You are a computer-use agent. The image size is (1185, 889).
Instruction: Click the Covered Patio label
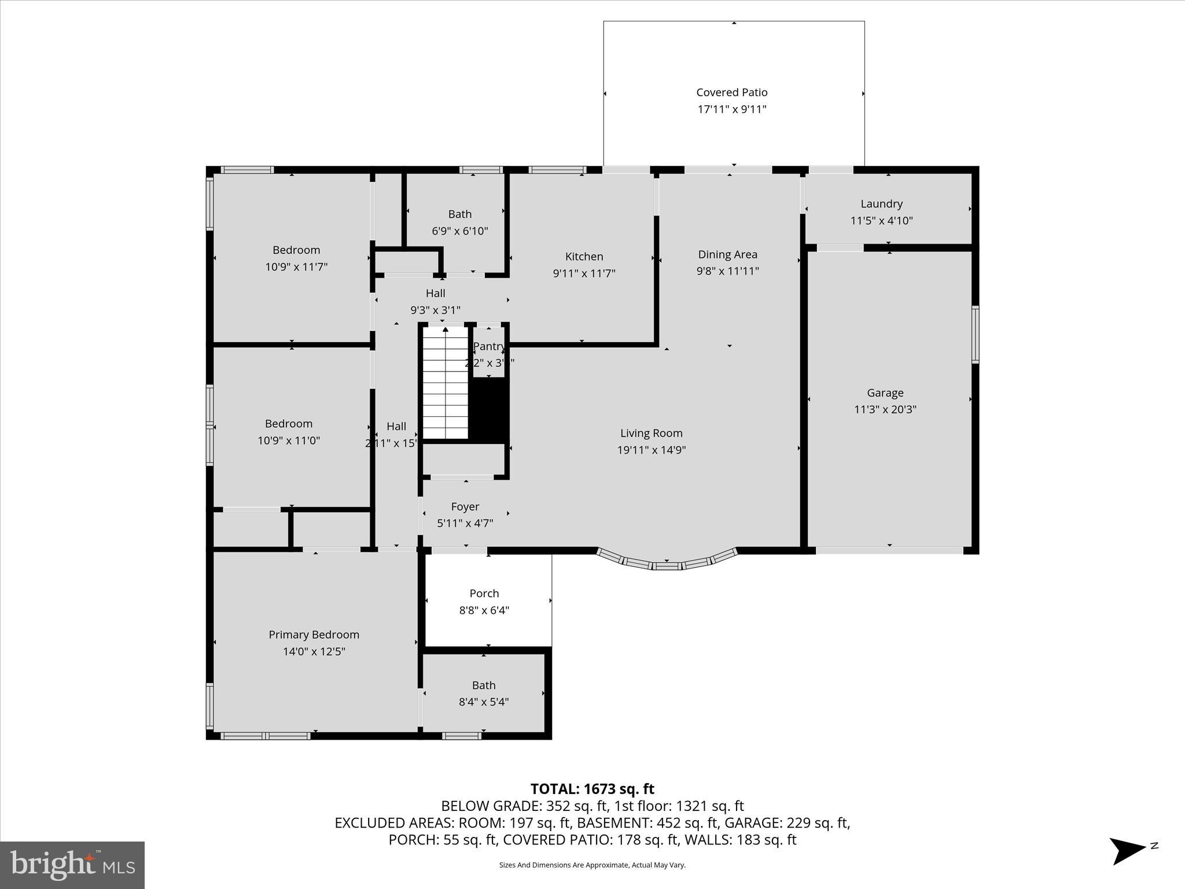pyautogui.click(x=731, y=93)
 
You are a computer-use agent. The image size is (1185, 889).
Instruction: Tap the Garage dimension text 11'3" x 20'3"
pyautogui.click(x=885, y=410)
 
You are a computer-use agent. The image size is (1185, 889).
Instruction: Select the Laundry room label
pyautogui.click(x=881, y=204)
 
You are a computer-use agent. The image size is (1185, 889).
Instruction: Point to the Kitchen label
pyautogui.click(x=584, y=256)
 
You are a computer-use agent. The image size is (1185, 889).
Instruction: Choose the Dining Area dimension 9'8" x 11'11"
pyautogui.click(x=727, y=271)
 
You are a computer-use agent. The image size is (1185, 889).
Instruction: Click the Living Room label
pyautogui.click(x=651, y=433)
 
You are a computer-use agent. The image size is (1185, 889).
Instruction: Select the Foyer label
pyautogui.click(x=465, y=506)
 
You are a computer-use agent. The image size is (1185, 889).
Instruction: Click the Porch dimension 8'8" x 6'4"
pyautogui.click(x=484, y=610)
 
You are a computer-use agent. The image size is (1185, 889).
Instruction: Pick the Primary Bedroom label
pyautogui.click(x=314, y=634)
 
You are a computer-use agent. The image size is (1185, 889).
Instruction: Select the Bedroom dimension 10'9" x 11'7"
pyautogui.click(x=296, y=267)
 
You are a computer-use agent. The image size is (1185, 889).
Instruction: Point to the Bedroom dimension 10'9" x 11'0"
pyautogui.click(x=288, y=440)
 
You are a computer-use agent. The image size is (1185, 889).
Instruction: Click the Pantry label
pyautogui.click(x=489, y=346)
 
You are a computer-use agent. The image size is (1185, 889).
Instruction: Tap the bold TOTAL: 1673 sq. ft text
pyautogui.click(x=592, y=789)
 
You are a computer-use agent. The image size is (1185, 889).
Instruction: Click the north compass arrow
pyautogui.click(x=1127, y=850)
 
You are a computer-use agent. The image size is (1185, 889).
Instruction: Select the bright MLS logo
pyautogui.click(x=72, y=865)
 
